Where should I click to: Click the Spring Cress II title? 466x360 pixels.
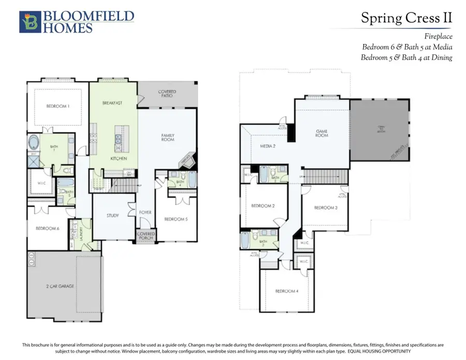[406, 18]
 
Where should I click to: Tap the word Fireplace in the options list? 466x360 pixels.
[438, 37]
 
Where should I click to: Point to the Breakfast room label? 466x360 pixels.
[112, 103]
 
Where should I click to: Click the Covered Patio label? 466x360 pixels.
[167, 94]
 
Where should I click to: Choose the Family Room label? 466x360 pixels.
[167, 138]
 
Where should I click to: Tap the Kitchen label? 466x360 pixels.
[119, 158]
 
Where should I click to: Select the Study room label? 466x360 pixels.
[113, 215]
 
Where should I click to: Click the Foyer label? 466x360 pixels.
[145, 213]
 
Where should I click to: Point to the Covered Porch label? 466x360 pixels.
[146, 236]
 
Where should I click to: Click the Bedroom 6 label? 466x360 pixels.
[47, 228]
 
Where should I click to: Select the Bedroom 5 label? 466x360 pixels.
[176, 219]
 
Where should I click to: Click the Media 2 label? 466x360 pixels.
[267, 146]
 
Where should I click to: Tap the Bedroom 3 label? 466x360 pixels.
[326, 208]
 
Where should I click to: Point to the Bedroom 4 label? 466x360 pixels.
[286, 291]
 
